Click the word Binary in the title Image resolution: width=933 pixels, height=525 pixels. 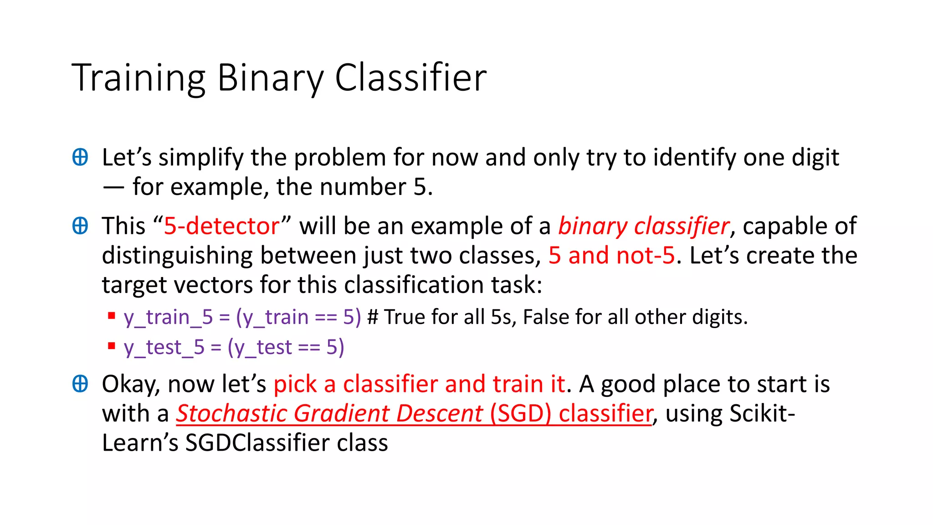tap(270, 78)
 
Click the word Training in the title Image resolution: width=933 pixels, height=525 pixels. tap(138, 78)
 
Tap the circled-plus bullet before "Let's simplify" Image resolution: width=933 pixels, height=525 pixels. tap(80, 157)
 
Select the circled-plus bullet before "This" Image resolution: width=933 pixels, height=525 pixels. tap(80, 226)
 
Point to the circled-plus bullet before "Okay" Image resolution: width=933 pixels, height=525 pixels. tap(80, 384)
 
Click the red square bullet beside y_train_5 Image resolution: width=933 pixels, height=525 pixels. tap(112, 315)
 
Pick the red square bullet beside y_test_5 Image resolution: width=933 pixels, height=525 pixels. tap(112, 346)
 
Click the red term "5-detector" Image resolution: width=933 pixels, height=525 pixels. tap(222, 226)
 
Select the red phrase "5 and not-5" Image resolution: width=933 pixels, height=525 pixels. tap(611, 255)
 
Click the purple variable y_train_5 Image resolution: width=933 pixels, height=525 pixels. tap(168, 317)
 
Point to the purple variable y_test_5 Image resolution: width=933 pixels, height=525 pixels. tap(164, 347)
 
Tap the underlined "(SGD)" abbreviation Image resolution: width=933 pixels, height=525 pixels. tap(520, 413)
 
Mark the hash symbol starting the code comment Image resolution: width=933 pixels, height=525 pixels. tap(373, 317)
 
